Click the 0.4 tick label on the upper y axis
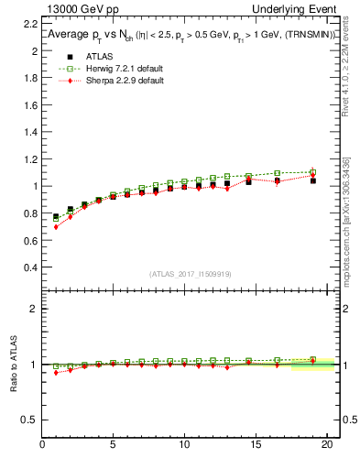[x=32, y=267]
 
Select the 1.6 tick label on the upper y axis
[x=32, y=105]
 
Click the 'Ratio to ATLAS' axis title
[x=13, y=365]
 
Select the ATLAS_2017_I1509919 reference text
[x=190, y=274]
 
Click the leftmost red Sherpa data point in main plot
[x=56, y=226]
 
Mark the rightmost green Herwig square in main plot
[x=313, y=172]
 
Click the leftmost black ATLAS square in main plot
[x=56, y=217]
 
